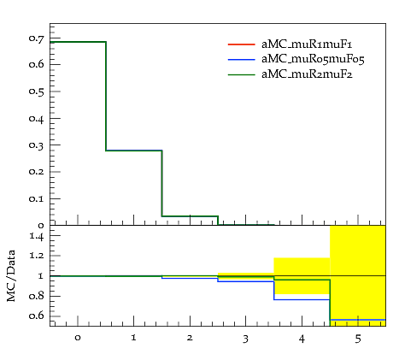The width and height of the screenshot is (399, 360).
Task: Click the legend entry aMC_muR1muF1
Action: (x=307, y=44)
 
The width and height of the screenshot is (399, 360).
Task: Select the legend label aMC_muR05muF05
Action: (x=313, y=59)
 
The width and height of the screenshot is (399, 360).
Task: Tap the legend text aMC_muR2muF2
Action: (x=307, y=74)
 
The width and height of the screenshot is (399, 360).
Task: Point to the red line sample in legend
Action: (x=241, y=44)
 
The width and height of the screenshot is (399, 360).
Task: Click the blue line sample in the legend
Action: (x=241, y=59)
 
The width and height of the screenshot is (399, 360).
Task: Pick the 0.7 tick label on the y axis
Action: (x=37, y=38)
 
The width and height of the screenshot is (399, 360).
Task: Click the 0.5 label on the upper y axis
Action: (x=37, y=91)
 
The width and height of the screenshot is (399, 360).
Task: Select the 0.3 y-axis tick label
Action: (x=37, y=145)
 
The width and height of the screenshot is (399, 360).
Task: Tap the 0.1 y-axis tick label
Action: (x=37, y=198)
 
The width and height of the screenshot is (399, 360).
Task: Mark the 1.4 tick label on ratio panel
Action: (x=37, y=236)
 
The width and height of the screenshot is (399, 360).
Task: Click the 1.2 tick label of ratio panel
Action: (x=37, y=256)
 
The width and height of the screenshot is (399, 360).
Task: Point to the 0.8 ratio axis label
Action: (x=37, y=296)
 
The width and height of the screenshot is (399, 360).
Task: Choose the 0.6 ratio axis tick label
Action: (x=37, y=316)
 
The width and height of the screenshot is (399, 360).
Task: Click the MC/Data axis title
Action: (x=11, y=276)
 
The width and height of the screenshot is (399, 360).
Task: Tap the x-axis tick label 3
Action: (x=245, y=339)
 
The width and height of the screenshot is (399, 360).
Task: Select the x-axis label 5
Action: (x=358, y=339)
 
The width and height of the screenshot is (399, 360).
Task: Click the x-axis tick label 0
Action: (x=78, y=338)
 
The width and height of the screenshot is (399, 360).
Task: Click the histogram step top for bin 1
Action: (x=134, y=150)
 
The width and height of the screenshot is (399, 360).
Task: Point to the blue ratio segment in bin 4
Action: (x=302, y=299)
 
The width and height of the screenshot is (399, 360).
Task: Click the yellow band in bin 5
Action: (x=358, y=275)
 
